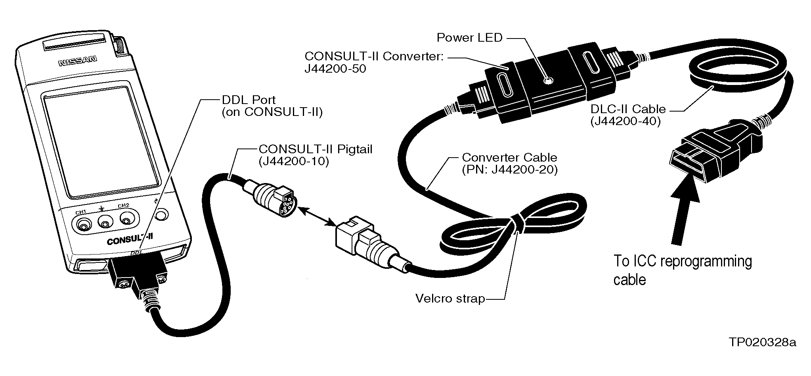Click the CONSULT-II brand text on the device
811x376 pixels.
[130, 239]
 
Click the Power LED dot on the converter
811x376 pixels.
[548, 81]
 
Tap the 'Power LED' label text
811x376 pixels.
[469, 38]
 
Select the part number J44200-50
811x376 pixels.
[335, 69]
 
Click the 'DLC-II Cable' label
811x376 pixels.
[628, 109]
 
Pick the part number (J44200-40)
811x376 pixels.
[625, 121]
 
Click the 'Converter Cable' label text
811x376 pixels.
[509, 158]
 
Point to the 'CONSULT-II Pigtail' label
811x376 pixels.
[315, 149]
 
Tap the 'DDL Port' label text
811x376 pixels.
[249, 100]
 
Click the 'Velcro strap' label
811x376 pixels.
[450, 298]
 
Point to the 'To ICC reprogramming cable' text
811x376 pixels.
[682, 270]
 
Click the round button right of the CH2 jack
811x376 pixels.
[162, 215]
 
